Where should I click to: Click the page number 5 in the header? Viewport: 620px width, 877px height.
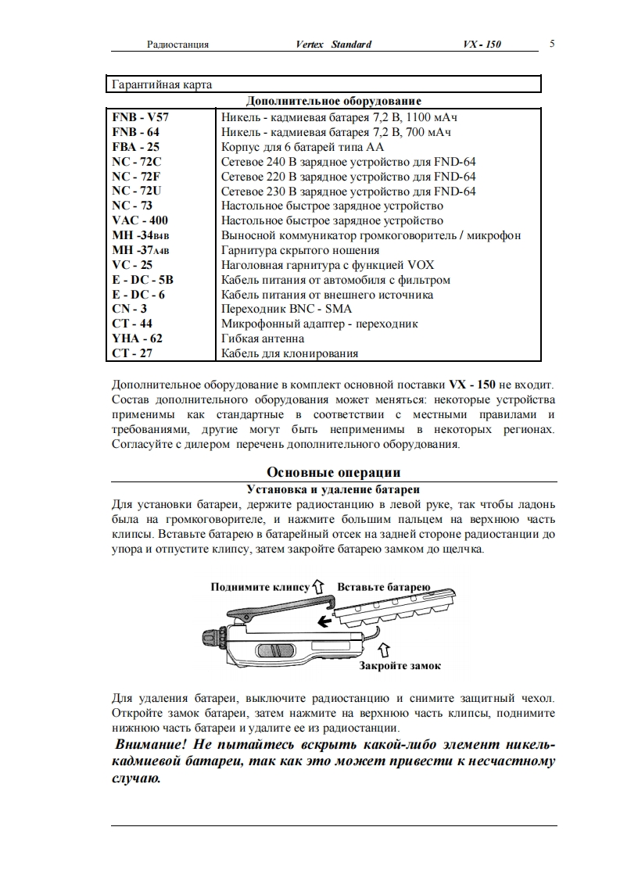(552, 44)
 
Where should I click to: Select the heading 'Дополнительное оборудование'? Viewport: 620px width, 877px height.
(334, 101)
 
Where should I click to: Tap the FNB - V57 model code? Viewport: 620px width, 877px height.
(141, 117)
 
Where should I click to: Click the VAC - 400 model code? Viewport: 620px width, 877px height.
(140, 220)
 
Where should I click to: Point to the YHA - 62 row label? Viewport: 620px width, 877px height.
(138, 338)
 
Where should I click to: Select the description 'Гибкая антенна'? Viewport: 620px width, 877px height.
(263, 338)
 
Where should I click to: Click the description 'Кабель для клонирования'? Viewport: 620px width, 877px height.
(289, 353)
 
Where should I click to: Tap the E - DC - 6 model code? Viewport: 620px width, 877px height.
(138, 295)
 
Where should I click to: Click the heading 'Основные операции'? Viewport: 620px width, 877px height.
(334, 472)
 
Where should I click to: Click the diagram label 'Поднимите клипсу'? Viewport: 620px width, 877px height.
(260, 586)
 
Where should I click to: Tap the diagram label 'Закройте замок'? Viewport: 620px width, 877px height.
(400, 666)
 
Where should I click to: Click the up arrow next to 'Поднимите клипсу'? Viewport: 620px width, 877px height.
(318, 585)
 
